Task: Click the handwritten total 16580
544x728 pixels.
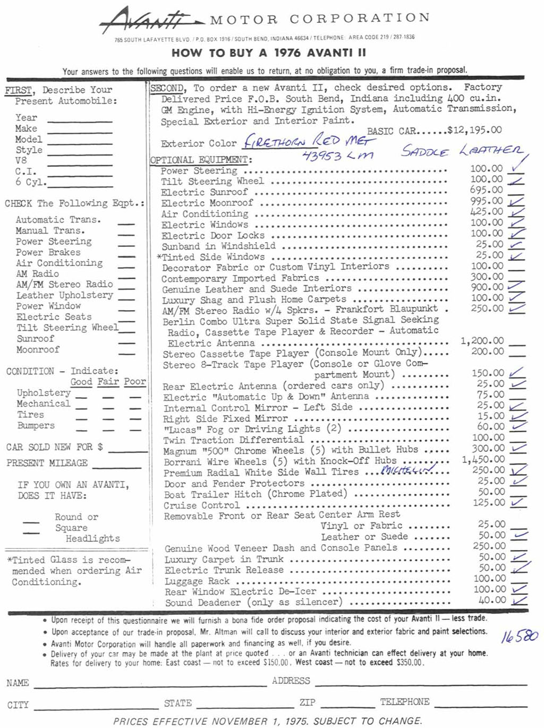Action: [519, 636]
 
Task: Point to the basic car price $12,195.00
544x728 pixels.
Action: [474, 130]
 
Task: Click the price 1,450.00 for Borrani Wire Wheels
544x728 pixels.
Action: [483, 459]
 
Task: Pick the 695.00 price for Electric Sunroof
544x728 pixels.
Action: [486, 190]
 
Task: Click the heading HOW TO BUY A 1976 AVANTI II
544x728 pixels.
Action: [268, 53]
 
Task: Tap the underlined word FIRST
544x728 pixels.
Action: [19, 90]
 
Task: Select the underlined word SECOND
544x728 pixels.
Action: [167, 88]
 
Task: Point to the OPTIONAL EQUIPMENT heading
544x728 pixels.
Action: [201, 160]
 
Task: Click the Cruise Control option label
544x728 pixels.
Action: [201, 506]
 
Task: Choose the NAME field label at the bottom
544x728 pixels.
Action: [18, 683]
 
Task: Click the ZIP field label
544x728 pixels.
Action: [307, 703]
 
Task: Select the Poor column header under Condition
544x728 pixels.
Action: [135, 382]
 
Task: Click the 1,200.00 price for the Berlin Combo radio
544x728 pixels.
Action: [482, 341]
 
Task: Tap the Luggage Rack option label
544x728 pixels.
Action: [197, 581]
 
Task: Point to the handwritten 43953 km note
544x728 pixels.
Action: [337, 155]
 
